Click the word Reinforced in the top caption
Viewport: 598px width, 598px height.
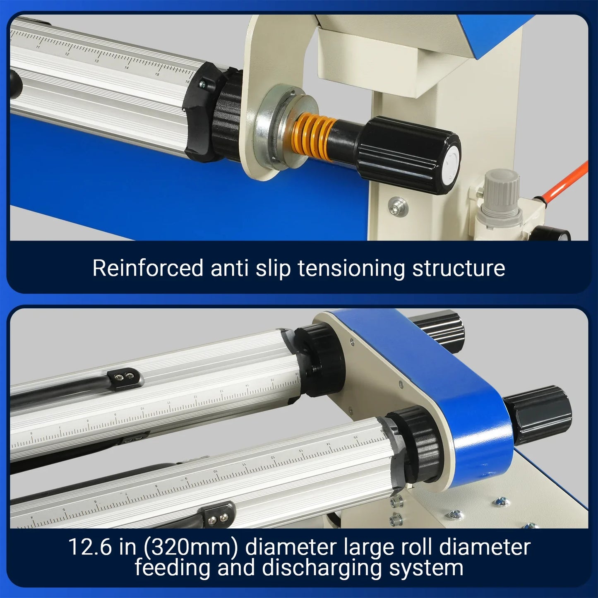148,268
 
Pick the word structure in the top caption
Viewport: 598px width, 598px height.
459,269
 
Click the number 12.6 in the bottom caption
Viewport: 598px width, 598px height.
90,547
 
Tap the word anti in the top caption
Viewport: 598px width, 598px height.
230,268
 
